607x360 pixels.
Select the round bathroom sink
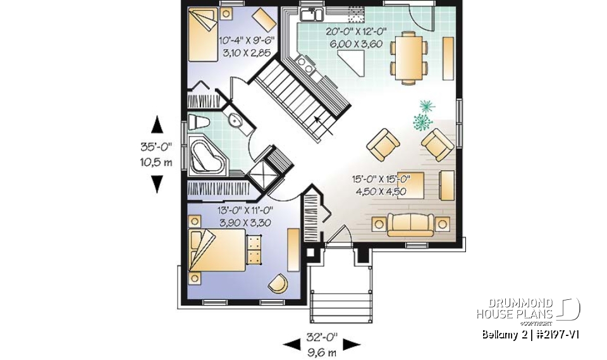(x=235, y=121)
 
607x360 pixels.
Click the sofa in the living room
(x=410, y=223)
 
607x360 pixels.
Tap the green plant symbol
(x=424, y=114)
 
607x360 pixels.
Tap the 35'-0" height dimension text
(x=157, y=146)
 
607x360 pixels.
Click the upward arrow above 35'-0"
(x=157, y=125)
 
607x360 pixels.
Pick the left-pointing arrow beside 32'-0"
(x=291, y=345)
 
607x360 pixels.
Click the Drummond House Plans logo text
(x=515, y=309)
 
